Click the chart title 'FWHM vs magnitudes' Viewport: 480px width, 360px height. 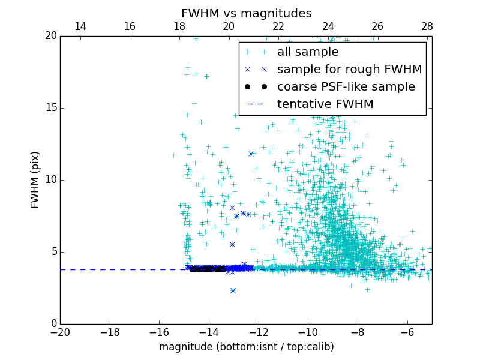pyautogui.click(x=246, y=13)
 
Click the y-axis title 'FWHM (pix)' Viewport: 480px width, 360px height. pyautogui.click(x=35, y=180)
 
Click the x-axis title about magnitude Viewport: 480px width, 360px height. pyautogui.click(x=246, y=347)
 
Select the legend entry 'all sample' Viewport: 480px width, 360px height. pyautogui.click(x=308, y=52)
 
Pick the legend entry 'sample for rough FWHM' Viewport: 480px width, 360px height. pyautogui.click(x=349, y=70)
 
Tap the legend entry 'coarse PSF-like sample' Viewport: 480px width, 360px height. pyautogui.click(x=346, y=87)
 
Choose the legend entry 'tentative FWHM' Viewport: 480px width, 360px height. pyautogui.click(x=325, y=104)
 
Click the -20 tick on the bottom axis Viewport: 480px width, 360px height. pyautogui.click(x=60, y=332)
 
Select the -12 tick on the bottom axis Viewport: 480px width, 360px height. pyautogui.click(x=259, y=332)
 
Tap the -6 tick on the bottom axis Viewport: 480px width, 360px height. pyautogui.click(x=407, y=332)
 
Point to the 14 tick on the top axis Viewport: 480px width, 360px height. pyautogui.click(x=80, y=26)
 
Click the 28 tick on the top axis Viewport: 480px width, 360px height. pyautogui.click(x=427, y=26)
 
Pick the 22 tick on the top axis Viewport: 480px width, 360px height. pyautogui.click(x=278, y=26)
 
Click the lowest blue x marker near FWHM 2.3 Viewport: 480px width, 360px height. pyautogui.click(x=233, y=290)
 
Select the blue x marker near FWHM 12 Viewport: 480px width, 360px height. pyautogui.click(x=251, y=154)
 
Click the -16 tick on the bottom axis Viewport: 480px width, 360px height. pyautogui.click(x=159, y=332)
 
